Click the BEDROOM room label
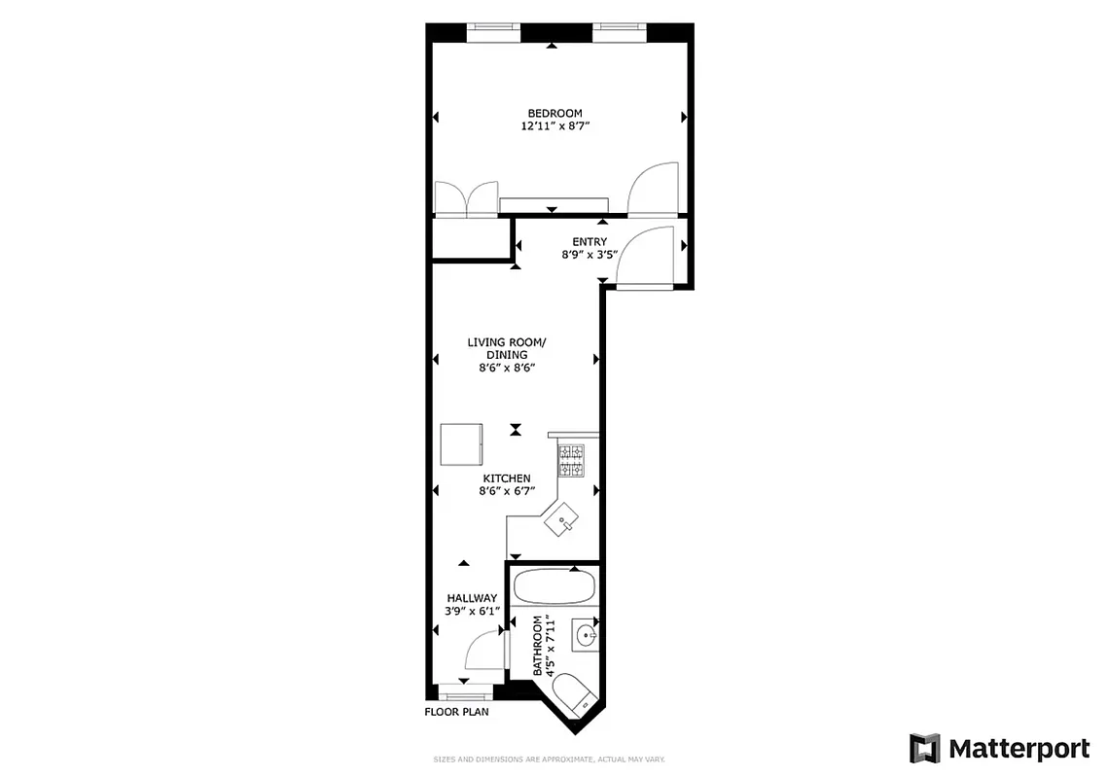pyautogui.click(x=554, y=113)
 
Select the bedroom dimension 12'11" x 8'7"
pyautogui.click(x=554, y=126)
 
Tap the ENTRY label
pyautogui.click(x=590, y=242)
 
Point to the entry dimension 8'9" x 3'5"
pyautogui.click(x=590, y=256)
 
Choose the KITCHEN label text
pyautogui.click(x=507, y=478)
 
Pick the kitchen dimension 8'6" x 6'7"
pyautogui.click(x=507, y=492)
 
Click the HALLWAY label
pyautogui.click(x=472, y=598)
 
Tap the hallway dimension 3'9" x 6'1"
pyautogui.click(x=472, y=612)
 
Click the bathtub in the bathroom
pyautogui.click(x=554, y=587)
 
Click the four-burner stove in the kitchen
pyautogui.click(x=570, y=461)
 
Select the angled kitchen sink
pyautogui.click(x=561, y=522)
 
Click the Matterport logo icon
pyautogui.click(x=925, y=748)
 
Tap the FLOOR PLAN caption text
pyautogui.click(x=456, y=712)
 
